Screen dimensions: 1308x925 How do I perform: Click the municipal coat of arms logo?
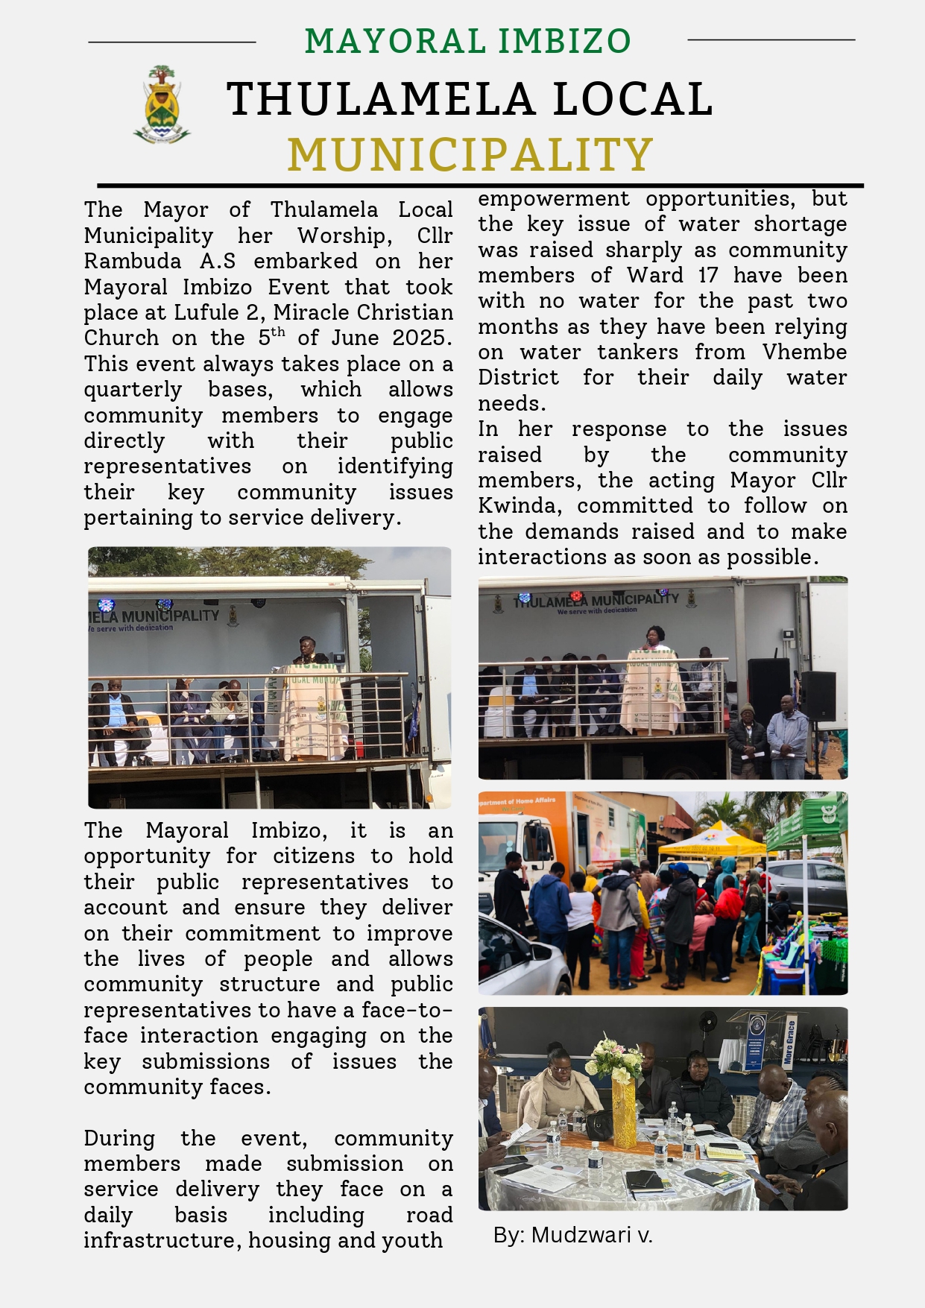coord(162,105)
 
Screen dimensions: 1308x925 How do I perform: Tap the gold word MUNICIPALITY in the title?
coord(470,154)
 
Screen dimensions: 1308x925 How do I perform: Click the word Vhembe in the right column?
coord(804,352)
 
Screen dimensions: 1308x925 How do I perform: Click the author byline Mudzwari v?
coord(572,1235)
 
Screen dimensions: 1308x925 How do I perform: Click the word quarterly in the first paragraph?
coord(133,390)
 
